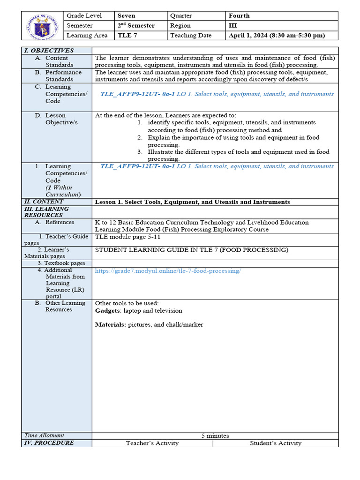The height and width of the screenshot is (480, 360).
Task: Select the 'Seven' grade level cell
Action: (x=127, y=16)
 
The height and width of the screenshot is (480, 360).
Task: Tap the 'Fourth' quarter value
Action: (x=239, y=16)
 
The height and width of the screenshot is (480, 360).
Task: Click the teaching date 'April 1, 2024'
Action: (x=277, y=36)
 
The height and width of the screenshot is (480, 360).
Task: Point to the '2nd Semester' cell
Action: (x=136, y=26)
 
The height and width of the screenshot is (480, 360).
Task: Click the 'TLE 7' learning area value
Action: (x=127, y=36)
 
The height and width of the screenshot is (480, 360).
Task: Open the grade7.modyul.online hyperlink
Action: (x=168, y=271)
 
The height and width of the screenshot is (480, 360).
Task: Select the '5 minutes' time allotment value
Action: (x=215, y=436)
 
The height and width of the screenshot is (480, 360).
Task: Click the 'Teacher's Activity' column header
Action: (x=152, y=443)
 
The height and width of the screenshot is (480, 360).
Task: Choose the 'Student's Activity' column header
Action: (x=276, y=443)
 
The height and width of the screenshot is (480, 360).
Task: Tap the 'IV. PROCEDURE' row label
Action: (x=49, y=443)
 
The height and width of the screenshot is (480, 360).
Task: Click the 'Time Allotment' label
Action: (x=44, y=435)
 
